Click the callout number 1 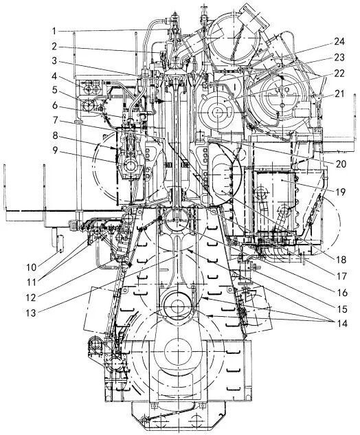pos(54,31)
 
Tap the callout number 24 pos(339,42)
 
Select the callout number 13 pos(31,313)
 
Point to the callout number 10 pos(32,267)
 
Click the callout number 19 pos(340,192)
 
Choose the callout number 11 pos(31,282)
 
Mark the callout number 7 pos(55,120)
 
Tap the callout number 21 pos(339,93)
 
